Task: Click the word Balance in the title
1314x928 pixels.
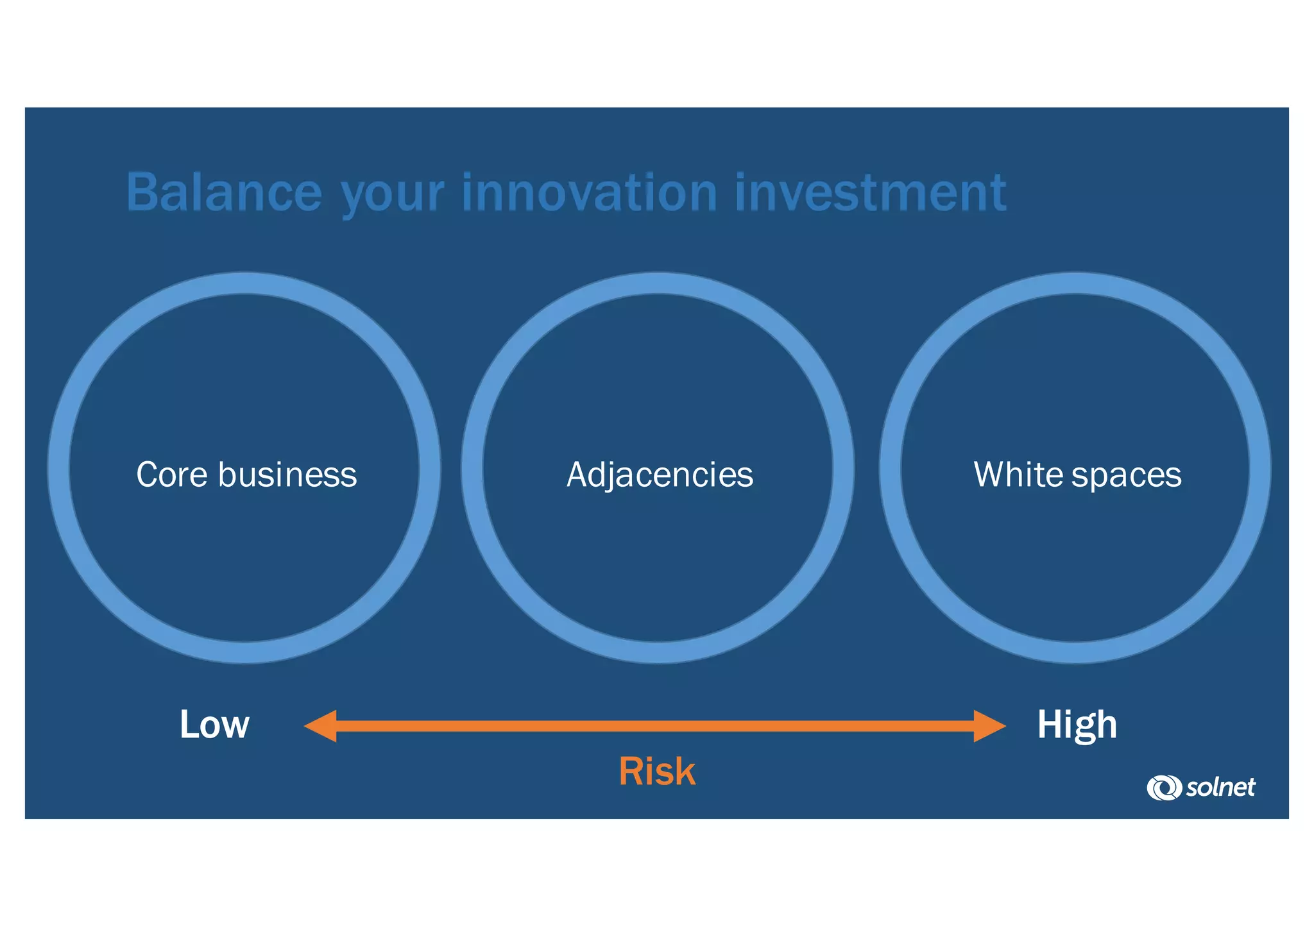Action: click(224, 192)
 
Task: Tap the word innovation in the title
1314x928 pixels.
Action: click(589, 192)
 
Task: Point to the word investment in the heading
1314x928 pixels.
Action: click(870, 192)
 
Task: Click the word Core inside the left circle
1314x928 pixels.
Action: click(172, 475)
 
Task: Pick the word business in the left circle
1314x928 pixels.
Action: click(287, 475)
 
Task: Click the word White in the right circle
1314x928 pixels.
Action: click(1020, 475)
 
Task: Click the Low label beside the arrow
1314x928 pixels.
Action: click(214, 725)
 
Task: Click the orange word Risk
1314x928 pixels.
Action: click(657, 772)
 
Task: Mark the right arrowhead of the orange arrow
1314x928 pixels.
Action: click(989, 726)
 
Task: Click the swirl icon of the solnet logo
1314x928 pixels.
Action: click(1163, 788)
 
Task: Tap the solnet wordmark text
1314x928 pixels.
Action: click(1220, 787)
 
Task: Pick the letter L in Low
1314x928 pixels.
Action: click(188, 725)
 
